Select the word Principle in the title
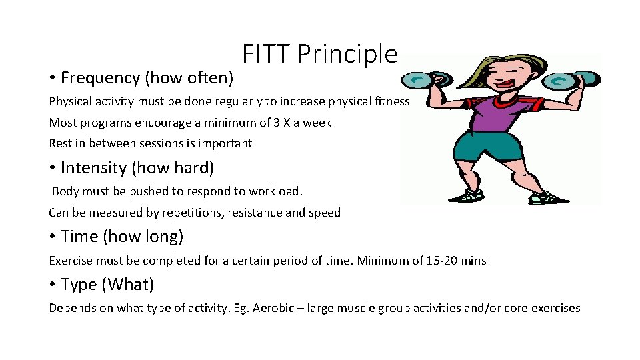347,54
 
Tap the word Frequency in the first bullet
100,78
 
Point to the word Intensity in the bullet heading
94,168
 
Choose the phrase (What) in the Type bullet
128,285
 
